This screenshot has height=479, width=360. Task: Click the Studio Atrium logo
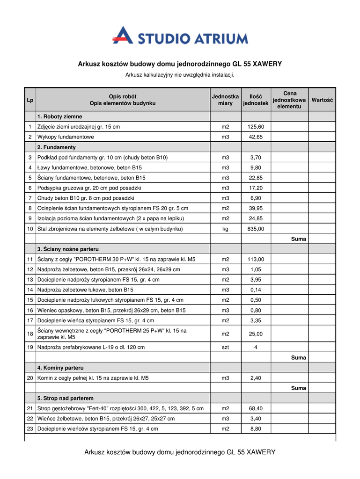point(180,36)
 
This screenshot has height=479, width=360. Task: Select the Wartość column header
point(322,100)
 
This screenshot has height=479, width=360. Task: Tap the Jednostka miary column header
point(225,100)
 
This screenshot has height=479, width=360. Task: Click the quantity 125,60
point(256,127)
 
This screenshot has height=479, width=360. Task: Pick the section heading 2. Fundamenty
point(57,147)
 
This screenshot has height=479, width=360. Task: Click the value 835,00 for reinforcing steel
point(256,229)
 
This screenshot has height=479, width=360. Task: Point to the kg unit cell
point(225,229)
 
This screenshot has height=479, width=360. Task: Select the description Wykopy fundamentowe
point(66,137)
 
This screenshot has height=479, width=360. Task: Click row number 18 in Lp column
point(30,334)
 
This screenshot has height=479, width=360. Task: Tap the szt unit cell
point(225,348)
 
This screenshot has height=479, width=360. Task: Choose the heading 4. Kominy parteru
point(60,368)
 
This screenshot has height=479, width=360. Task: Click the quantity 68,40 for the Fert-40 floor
point(256,408)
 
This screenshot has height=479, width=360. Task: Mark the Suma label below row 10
point(298,239)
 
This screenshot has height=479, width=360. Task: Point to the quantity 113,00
point(256,259)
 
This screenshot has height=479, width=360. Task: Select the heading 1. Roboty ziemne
point(60,116)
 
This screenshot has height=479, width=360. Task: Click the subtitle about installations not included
point(180,75)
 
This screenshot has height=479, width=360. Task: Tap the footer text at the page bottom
point(180,452)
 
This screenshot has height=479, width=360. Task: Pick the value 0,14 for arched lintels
point(256,290)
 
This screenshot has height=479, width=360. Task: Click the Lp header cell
point(30,100)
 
